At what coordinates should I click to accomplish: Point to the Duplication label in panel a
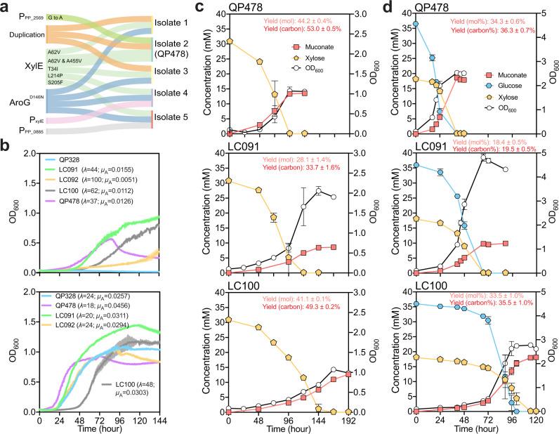click(x=23, y=34)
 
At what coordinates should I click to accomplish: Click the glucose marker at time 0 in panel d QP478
click(x=416, y=24)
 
